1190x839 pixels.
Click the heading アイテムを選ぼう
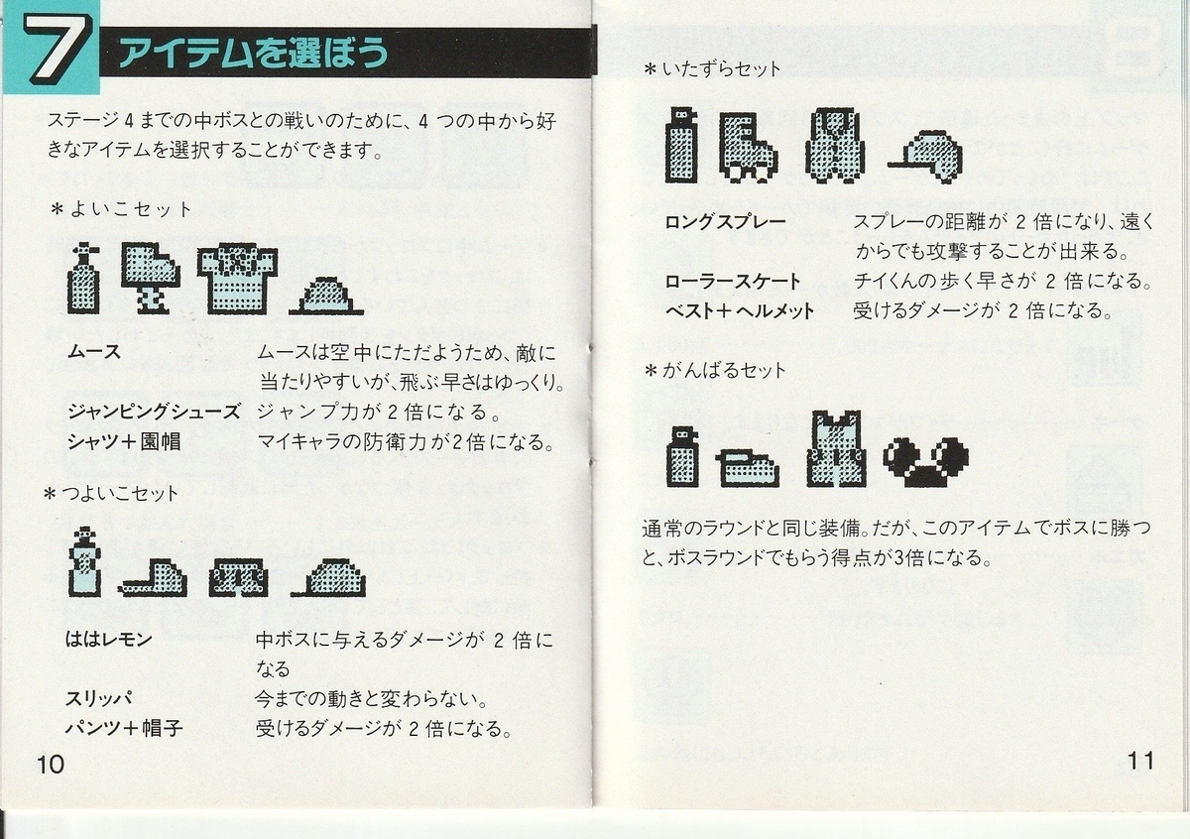(254, 53)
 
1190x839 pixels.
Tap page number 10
(51, 764)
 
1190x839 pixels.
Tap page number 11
(1140, 761)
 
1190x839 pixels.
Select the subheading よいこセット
(121, 209)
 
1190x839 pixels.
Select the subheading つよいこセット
(111, 494)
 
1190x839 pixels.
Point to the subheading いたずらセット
(712, 69)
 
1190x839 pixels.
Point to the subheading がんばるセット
(715, 370)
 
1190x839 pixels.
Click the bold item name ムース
(94, 352)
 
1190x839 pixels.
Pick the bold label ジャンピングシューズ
(154, 412)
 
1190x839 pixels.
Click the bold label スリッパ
(99, 698)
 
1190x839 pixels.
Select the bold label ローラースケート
(733, 281)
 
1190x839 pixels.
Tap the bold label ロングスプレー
(725, 221)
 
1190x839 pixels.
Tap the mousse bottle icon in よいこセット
(84, 279)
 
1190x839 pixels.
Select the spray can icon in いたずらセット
(681, 145)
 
